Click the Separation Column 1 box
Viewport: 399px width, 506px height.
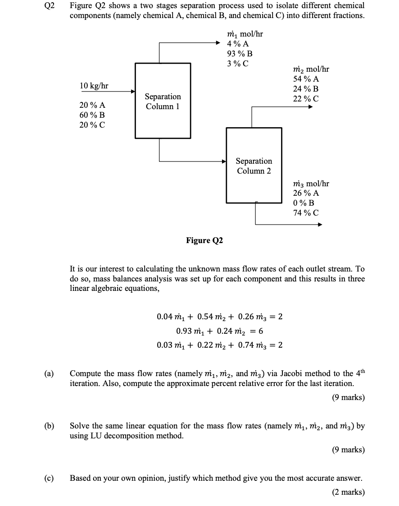pos(163,101)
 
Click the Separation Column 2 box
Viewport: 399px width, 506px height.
pos(254,166)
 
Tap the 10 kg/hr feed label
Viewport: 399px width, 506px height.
pos(94,86)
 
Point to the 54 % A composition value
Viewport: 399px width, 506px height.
pos(306,79)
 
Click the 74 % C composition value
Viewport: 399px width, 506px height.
pos(306,213)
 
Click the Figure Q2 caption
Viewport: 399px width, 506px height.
pos(204,240)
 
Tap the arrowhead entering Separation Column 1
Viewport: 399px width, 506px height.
pos(133,92)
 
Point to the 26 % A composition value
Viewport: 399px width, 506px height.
pos(306,193)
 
